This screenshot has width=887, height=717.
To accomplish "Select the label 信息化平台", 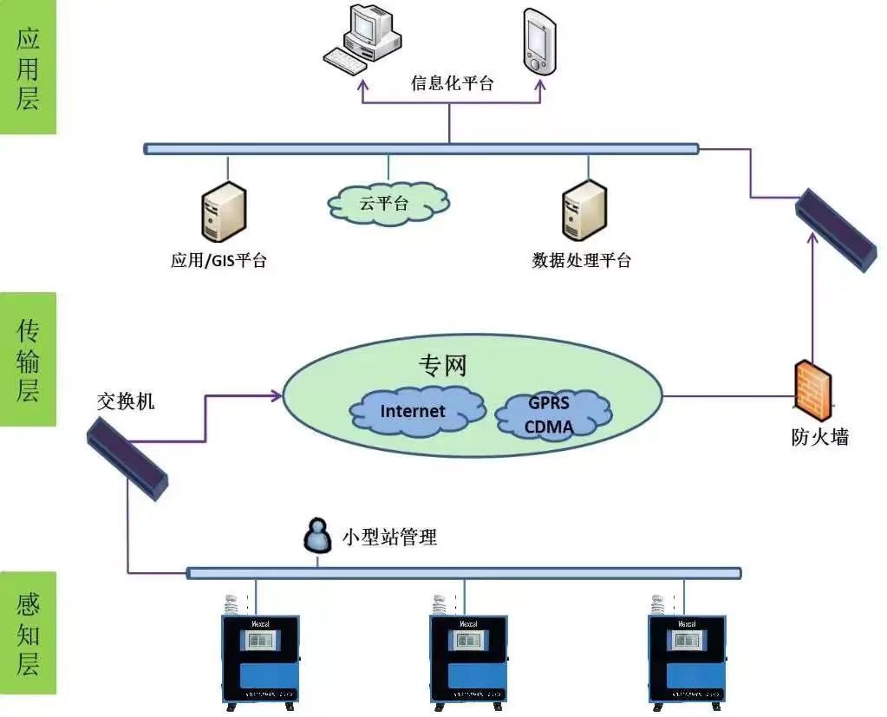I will coord(452,84).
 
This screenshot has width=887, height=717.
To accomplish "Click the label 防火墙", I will coord(819,438).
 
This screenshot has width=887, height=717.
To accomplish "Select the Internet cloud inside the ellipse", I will coord(414,411).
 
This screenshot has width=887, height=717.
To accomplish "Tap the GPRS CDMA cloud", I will coord(551,415).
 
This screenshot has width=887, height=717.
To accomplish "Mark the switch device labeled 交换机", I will coord(127,457).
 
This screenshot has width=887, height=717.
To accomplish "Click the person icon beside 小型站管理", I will coord(317,537).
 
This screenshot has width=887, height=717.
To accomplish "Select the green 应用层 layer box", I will coord(29,68).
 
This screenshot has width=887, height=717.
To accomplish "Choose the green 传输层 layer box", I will coord(29,359).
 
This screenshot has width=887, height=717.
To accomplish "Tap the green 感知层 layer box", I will coord(29,633).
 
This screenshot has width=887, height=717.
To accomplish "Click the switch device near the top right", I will coord(836,229).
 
